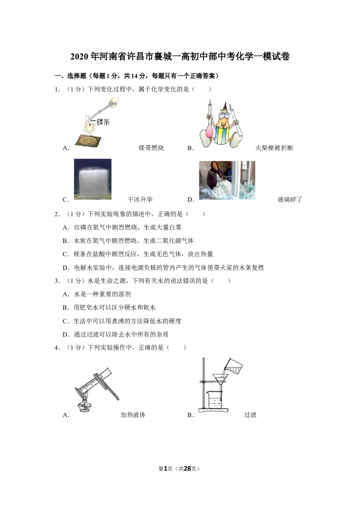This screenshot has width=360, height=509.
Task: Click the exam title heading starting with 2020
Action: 180,57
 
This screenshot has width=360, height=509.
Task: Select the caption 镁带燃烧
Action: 151,147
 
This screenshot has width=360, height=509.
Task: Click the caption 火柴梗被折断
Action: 274,147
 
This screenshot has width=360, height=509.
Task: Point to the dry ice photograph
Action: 93,179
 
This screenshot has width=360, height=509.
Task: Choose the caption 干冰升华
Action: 140,199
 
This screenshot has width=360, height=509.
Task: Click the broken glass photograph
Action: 227,180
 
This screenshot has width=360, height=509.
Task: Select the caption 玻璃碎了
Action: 290,199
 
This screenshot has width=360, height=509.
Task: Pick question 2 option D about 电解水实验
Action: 163,268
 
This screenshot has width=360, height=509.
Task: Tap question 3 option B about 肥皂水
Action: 109,308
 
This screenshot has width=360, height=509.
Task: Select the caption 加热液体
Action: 133,415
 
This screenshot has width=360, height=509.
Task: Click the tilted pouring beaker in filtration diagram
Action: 233,366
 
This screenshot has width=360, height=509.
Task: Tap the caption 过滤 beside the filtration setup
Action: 250,415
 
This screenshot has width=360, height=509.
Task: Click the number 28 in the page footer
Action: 188,469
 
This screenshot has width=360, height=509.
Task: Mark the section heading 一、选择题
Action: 70,76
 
